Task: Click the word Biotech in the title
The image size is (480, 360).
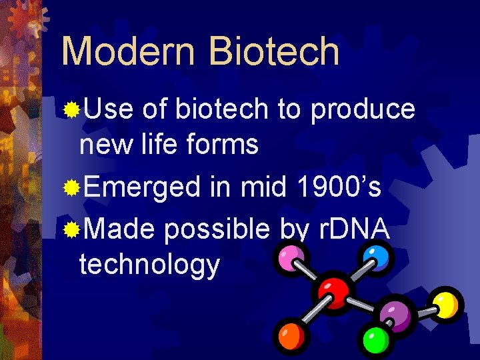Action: [x=274, y=51]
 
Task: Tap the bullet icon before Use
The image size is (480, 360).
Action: [x=71, y=109]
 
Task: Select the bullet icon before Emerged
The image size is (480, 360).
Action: [x=71, y=189]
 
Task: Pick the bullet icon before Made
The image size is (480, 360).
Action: [x=71, y=230]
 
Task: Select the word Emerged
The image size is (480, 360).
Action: [x=141, y=189]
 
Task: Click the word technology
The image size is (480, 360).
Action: [x=149, y=265]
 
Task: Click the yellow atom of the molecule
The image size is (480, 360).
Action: [x=445, y=303]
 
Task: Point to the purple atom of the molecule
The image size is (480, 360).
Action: [x=395, y=314]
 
